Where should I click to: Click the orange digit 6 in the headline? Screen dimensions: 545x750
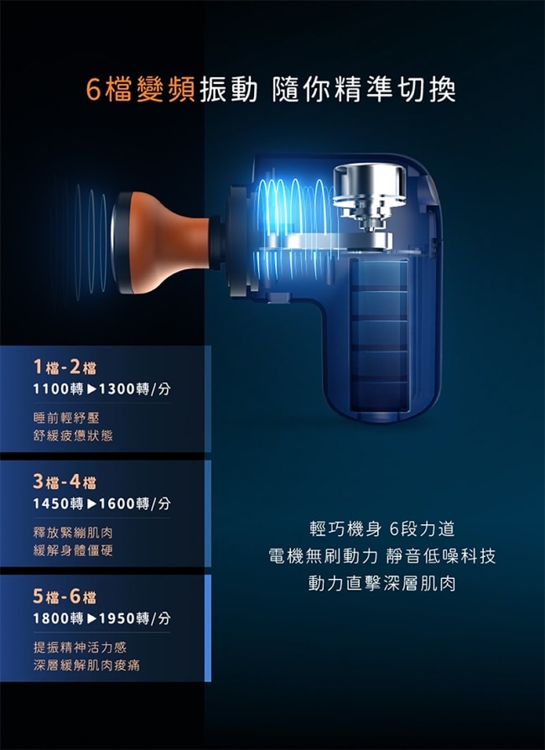pyautogui.click(x=94, y=90)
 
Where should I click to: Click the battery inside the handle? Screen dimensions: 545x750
pyautogui.click(x=379, y=336)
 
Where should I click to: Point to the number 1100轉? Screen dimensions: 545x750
pyautogui.click(x=59, y=389)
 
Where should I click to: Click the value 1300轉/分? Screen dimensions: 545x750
pyautogui.click(x=134, y=389)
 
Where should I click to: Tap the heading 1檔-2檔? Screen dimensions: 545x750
pyautogui.click(x=65, y=367)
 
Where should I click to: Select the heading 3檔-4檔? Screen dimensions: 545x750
pyautogui.click(x=65, y=482)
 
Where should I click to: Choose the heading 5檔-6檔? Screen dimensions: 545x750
pyautogui.click(x=65, y=596)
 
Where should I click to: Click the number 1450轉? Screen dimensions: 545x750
pyautogui.click(x=59, y=503)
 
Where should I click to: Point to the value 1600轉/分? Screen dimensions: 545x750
pyautogui.click(x=134, y=503)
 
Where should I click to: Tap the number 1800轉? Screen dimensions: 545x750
pyautogui.click(x=59, y=618)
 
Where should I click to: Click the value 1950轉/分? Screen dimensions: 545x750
pyautogui.click(x=134, y=618)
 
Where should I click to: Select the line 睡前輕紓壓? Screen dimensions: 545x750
pyautogui.click(x=66, y=418)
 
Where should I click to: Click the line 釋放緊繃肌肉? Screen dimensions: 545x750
pyautogui.click(x=73, y=533)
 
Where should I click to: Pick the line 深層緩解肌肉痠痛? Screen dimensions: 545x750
pyautogui.click(x=86, y=665)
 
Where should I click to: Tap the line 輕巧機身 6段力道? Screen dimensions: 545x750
pyautogui.click(x=382, y=529)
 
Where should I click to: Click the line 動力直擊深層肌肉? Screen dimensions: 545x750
pyautogui.click(x=382, y=584)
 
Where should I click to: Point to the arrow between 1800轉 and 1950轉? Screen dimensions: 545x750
pyautogui.click(x=91, y=619)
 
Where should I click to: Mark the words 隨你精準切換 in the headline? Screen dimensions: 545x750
pyautogui.click(x=364, y=90)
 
